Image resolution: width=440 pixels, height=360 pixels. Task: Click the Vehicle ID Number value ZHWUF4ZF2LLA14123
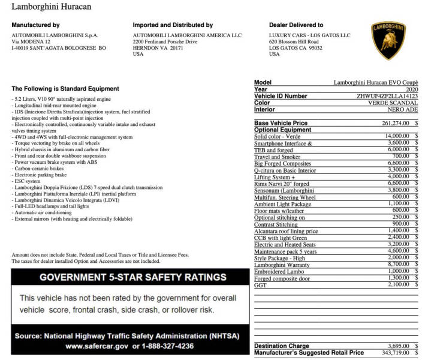(x=387, y=96)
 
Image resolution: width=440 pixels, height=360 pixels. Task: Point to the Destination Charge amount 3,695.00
(x=396, y=346)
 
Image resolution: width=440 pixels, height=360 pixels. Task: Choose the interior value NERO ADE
(x=403, y=109)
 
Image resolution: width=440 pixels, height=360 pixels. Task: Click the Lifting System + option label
(x=275, y=176)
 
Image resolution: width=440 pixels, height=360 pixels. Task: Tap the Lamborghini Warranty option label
(x=281, y=265)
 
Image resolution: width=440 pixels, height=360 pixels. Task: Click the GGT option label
(x=260, y=284)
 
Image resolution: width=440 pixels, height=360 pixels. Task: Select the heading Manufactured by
(x=35, y=25)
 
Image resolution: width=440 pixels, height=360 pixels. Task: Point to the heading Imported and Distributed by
(x=173, y=25)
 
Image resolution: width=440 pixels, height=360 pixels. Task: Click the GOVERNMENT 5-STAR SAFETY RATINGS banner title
(x=133, y=277)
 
